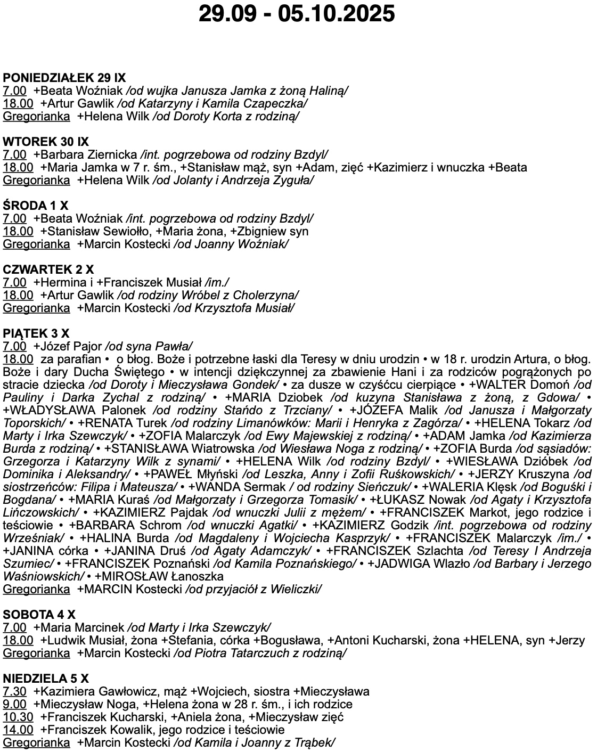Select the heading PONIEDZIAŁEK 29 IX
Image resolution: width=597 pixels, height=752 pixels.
64,78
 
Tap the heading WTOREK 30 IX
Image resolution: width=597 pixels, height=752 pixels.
46,142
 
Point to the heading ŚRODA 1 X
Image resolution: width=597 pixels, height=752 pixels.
36,206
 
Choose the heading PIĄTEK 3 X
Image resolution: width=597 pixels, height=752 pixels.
36,333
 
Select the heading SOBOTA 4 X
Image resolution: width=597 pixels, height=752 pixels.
39,615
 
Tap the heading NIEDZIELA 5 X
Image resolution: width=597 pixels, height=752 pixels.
46,679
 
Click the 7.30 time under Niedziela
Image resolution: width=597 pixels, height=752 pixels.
14,691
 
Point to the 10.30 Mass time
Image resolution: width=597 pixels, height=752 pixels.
18,717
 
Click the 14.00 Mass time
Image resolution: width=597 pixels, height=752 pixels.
18,730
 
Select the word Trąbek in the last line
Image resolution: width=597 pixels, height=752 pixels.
316,742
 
